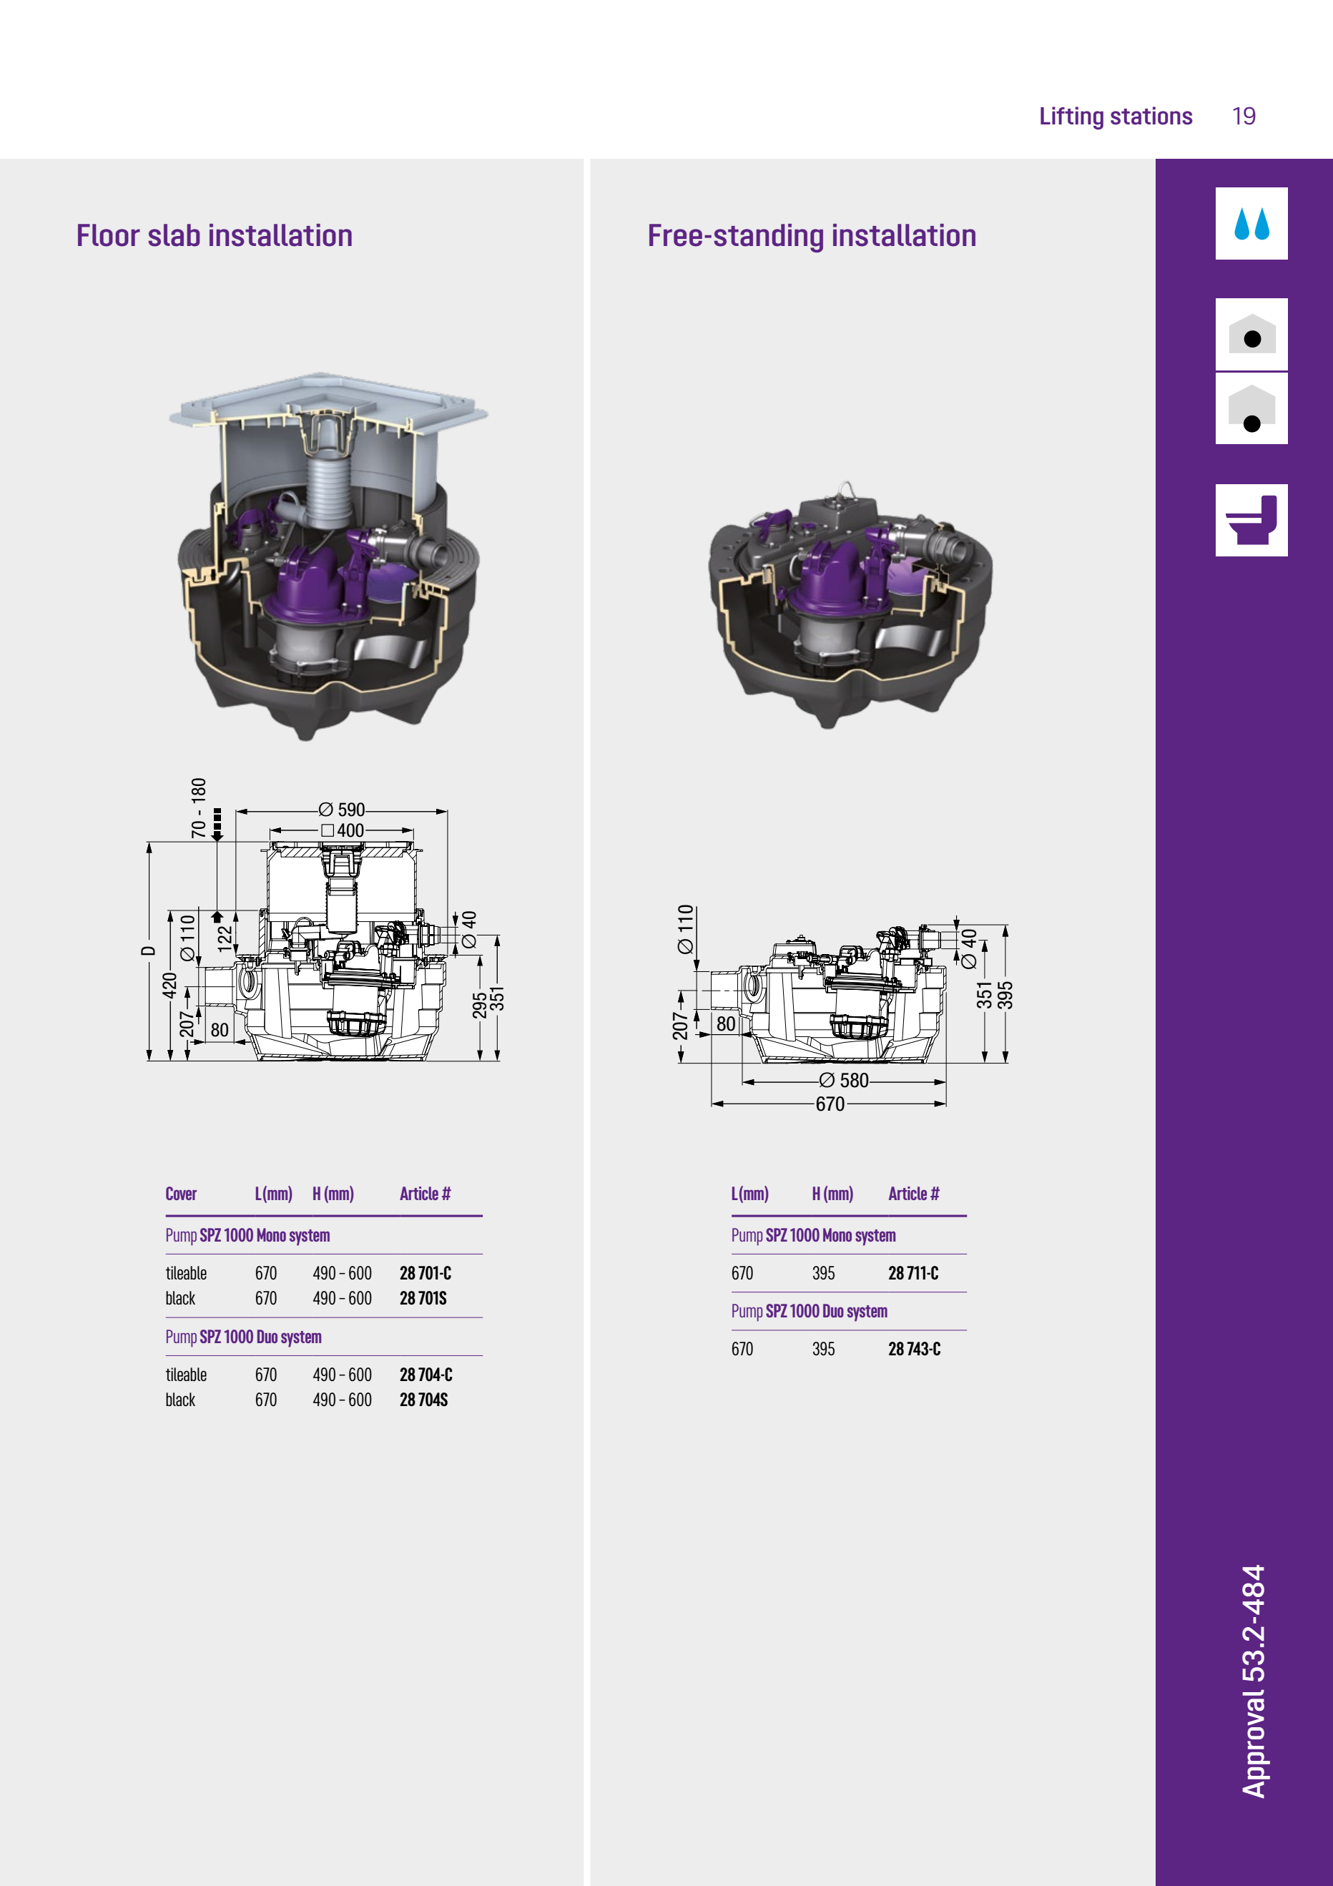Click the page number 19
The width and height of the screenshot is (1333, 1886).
click(1244, 116)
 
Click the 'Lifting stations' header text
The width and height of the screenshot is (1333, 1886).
click(1116, 116)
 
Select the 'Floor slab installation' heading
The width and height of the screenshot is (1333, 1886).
click(215, 236)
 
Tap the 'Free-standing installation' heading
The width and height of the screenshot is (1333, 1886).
click(812, 236)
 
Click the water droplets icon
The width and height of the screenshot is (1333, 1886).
click(1251, 223)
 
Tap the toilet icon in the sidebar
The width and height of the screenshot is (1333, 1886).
click(1251, 520)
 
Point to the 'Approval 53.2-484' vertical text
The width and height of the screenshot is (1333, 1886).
click(1254, 1681)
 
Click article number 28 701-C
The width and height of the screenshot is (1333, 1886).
click(426, 1273)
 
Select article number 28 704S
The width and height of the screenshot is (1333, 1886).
click(424, 1400)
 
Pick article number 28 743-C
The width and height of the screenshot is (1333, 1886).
click(914, 1349)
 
